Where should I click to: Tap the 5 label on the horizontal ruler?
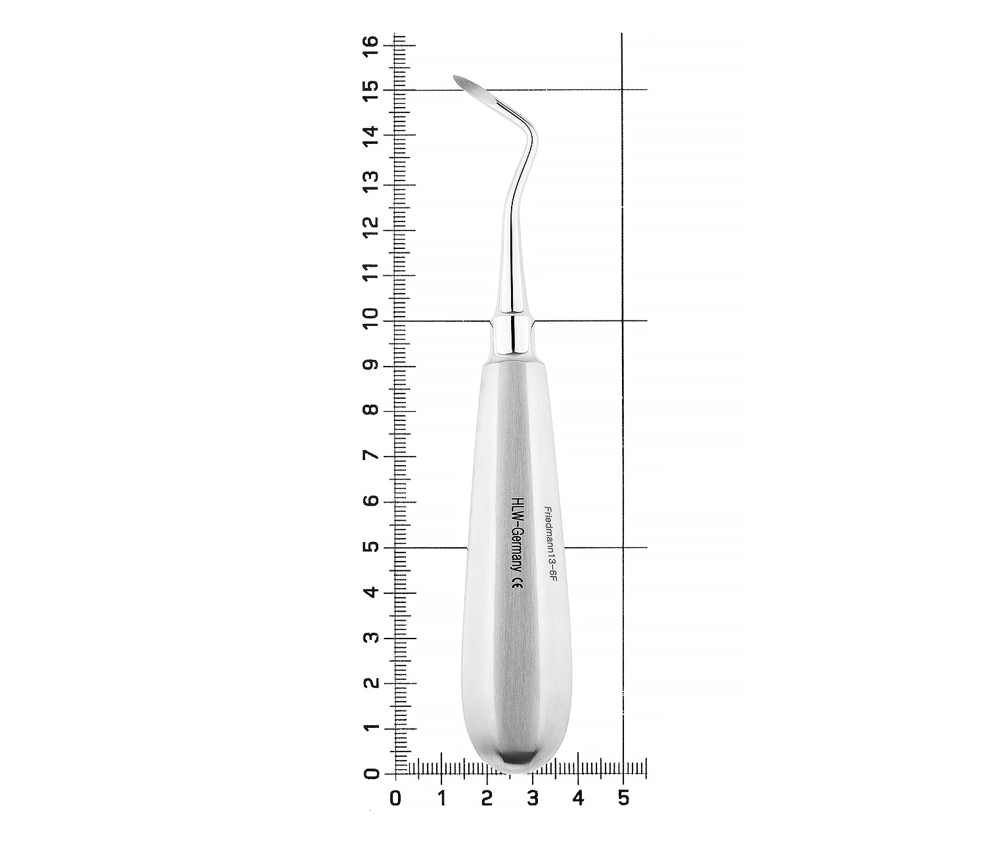click(x=623, y=798)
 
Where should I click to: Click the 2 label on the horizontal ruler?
click(x=487, y=798)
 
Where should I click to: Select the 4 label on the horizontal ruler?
click(x=578, y=798)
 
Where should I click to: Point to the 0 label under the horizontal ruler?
click(x=395, y=798)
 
